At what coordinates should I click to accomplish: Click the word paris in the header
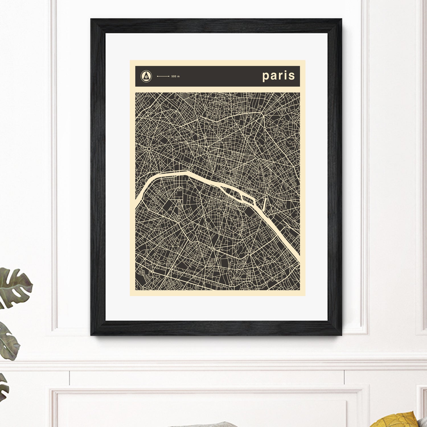click(x=278, y=76)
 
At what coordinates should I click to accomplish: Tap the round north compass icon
click(x=146, y=76)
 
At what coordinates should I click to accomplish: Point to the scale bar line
click(x=163, y=76)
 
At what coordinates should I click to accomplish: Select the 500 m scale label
click(x=175, y=76)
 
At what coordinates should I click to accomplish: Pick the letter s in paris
click(x=291, y=76)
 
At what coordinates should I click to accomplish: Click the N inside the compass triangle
click(x=146, y=77)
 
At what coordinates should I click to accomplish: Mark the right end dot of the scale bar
click(x=169, y=76)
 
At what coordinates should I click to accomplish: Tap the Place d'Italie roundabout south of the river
click(x=249, y=253)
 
